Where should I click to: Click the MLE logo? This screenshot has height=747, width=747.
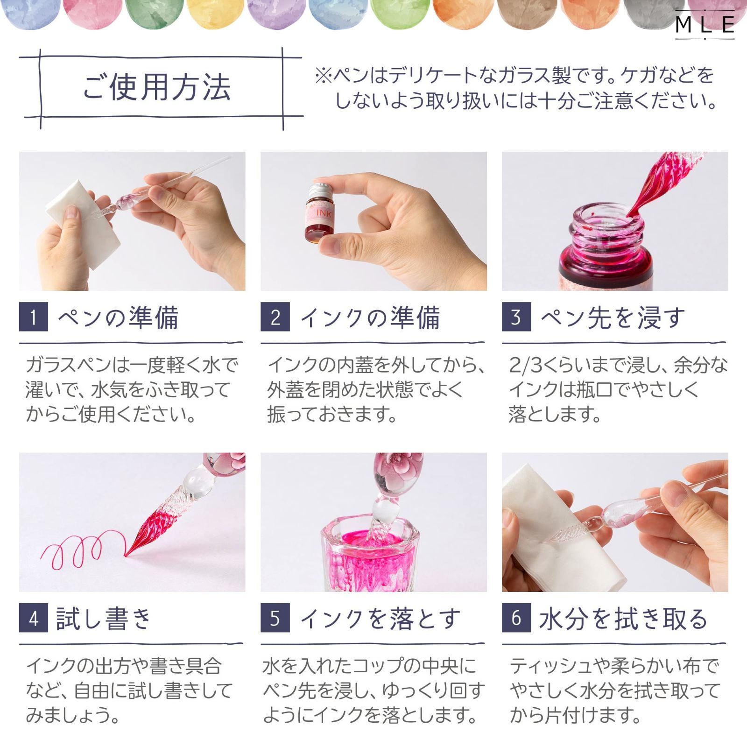(705, 24)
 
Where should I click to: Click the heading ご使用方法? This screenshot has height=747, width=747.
(157, 87)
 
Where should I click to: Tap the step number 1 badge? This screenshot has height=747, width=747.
(33, 317)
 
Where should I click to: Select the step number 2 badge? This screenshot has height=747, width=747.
(275, 317)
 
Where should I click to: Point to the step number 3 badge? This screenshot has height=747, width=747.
(516, 317)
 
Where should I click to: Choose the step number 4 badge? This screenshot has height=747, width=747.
(33, 618)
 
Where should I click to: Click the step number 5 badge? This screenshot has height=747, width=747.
(275, 618)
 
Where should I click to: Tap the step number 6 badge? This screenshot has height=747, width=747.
(516, 618)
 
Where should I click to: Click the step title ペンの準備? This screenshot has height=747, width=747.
(118, 317)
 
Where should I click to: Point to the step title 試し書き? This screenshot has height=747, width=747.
(104, 619)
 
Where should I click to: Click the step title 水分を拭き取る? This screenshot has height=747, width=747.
(623, 619)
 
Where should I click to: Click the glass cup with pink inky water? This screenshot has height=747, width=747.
(371, 556)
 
